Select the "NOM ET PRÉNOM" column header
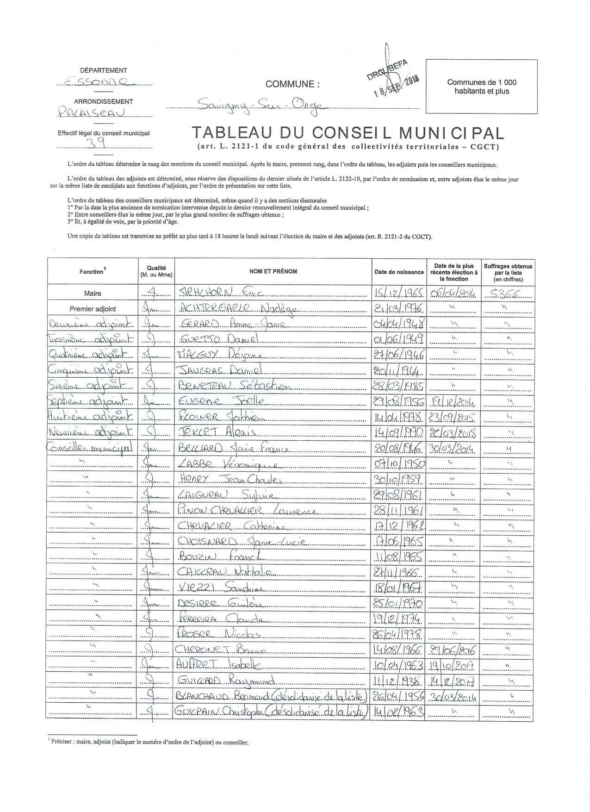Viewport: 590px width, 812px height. pos(273,271)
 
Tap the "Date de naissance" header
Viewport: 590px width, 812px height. pos(399,272)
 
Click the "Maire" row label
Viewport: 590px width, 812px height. pos(93,293)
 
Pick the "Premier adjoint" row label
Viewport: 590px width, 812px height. pos(93,309)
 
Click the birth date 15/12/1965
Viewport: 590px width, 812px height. pos(399,293)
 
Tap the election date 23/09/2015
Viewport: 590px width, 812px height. pos(454,417)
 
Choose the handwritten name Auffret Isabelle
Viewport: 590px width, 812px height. pos(218,666)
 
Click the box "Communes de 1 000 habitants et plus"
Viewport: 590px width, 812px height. pos(481,87)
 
